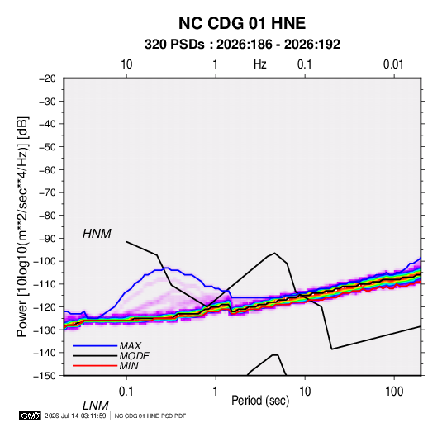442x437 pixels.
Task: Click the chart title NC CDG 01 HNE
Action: point(242,23)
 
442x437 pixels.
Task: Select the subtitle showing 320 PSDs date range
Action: point(242,45)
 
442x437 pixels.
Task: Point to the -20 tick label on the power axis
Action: point(47,78)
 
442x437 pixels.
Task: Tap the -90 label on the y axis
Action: point(47,239)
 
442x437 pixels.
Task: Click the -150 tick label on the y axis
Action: point(45,376)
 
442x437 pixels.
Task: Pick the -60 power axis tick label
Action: point(47,169)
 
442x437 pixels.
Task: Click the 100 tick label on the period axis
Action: point(394,392)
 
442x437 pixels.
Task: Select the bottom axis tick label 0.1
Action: point(126,392)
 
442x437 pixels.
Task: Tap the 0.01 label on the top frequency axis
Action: point(393,64)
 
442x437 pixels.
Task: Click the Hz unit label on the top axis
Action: point(260,64)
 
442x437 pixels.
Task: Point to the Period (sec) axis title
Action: point(260,401)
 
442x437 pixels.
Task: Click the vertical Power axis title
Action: point(22,227)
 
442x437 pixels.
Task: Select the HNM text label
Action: point(97,234)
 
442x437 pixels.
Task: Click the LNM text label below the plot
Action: point(96,406)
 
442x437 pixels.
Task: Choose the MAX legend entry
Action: point(130,346)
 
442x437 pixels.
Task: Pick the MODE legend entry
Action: point(134,356)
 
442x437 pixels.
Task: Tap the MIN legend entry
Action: point(129,366)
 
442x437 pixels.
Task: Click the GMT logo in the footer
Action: point(31,416)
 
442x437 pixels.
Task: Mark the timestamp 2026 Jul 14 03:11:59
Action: point(75,416)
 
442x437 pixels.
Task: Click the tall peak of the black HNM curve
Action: point(274,253)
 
